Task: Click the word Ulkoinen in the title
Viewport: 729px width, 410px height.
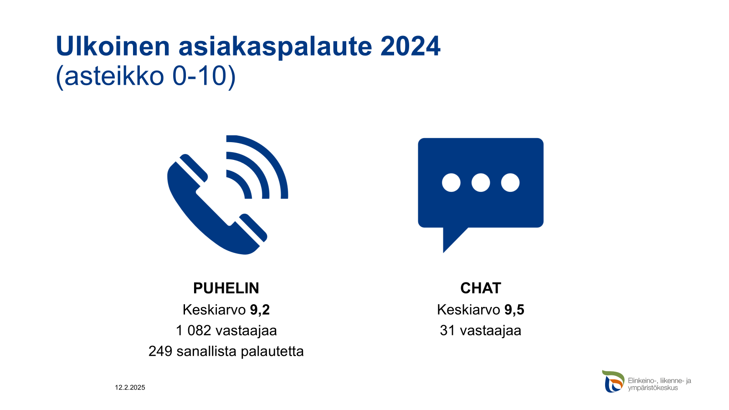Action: point(113,46)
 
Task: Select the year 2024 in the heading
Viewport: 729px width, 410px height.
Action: point(411,46)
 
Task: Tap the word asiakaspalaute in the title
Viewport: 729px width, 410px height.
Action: point(275,47)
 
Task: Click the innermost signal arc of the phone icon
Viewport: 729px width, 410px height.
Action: point(243,182)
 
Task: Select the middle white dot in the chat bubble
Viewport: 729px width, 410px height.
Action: point(481,183)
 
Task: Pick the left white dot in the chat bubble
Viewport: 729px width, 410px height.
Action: point(451,183)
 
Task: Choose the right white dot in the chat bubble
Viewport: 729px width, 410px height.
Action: point(510,183)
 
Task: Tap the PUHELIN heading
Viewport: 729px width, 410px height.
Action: point(226,288)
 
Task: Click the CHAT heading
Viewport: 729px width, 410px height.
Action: point(481,288)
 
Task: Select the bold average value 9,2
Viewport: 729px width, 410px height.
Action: point(260,310)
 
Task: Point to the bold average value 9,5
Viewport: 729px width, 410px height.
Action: point(514,310)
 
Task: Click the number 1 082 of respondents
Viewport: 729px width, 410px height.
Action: point(194,331)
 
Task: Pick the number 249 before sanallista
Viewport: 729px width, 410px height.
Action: point(160,351)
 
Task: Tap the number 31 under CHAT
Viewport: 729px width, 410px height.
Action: point(447,331)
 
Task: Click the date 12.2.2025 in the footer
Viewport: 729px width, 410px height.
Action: point(130,388)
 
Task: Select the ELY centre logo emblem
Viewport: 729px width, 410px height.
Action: point(613,381)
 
